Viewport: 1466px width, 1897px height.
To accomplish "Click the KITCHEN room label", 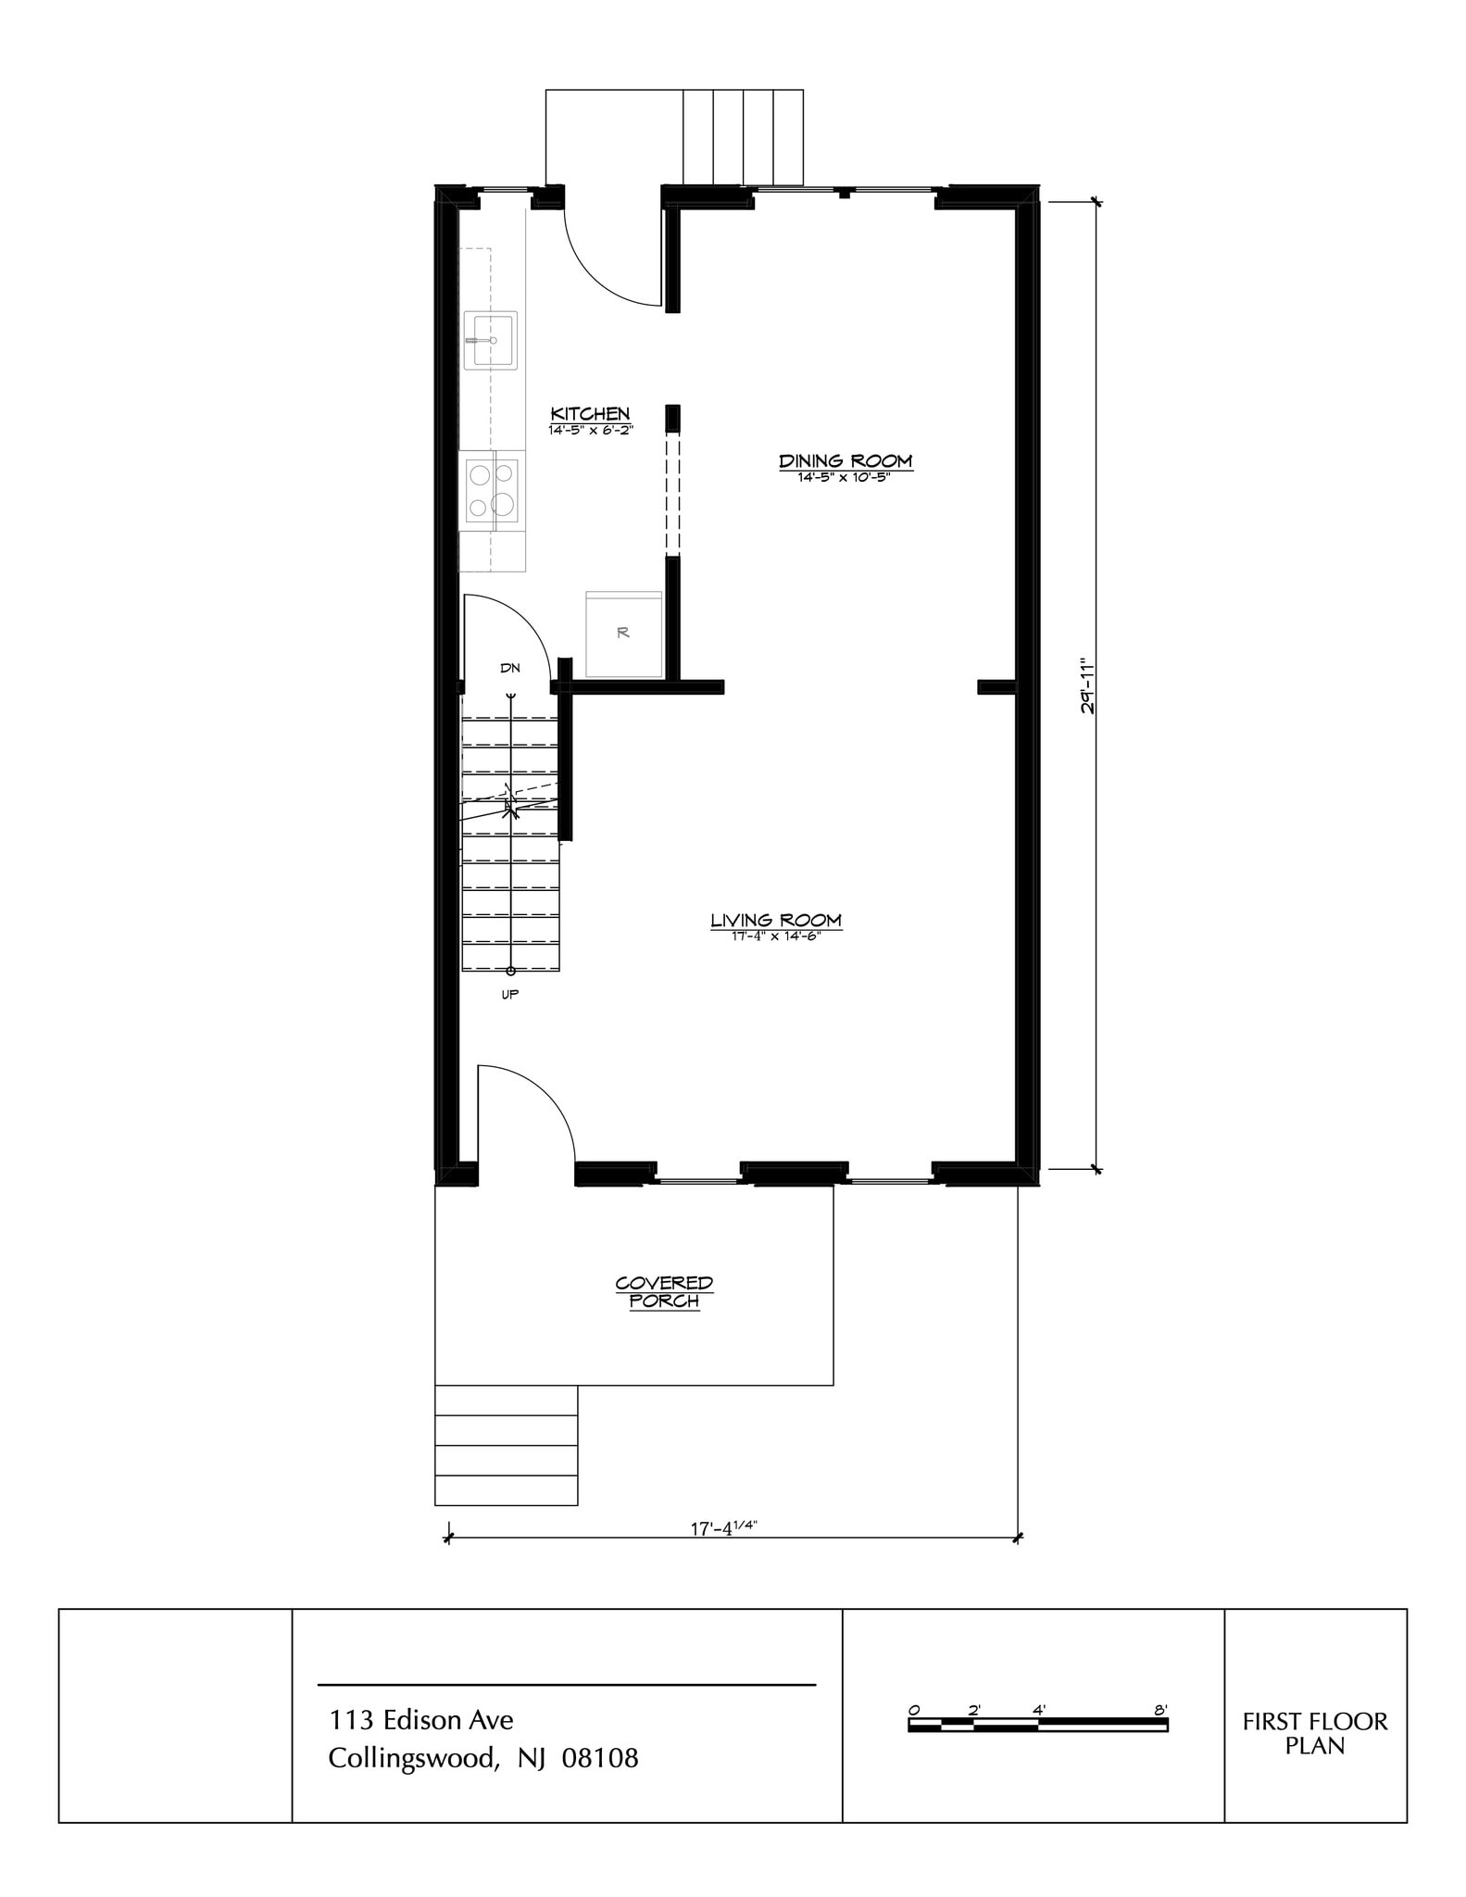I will pyautogui.click(x=590, y=414).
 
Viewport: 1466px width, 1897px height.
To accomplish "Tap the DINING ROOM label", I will pyautogui.click(x=845, y=460).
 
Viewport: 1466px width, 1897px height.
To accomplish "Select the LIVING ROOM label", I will pyautogui.click(x=776, y=920).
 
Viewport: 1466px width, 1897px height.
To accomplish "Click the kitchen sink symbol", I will pyautogui.click(x=490, y=340).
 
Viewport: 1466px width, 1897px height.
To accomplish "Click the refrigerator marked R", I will pyautogui.click(x=623, y=634).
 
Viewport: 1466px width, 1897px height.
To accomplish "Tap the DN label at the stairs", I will pyautogui.click(x=510, y=668).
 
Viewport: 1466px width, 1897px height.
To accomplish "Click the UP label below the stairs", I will pyautogui.click(x=509, y=995).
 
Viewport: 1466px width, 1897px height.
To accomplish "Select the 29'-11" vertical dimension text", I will pyautogui.click(x=1088, y=686).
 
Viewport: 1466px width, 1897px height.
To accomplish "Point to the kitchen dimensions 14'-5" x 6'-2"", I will pyautogui.click(x=590, y=431).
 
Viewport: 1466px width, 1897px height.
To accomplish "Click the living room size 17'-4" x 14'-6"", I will pyautogui.click(x=776, y=936).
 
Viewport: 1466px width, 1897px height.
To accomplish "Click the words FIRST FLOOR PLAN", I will pyautogui.click(x=1314, y=1733).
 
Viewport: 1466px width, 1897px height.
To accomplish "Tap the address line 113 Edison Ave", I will pyautogui.click(x=420, y=1720).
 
